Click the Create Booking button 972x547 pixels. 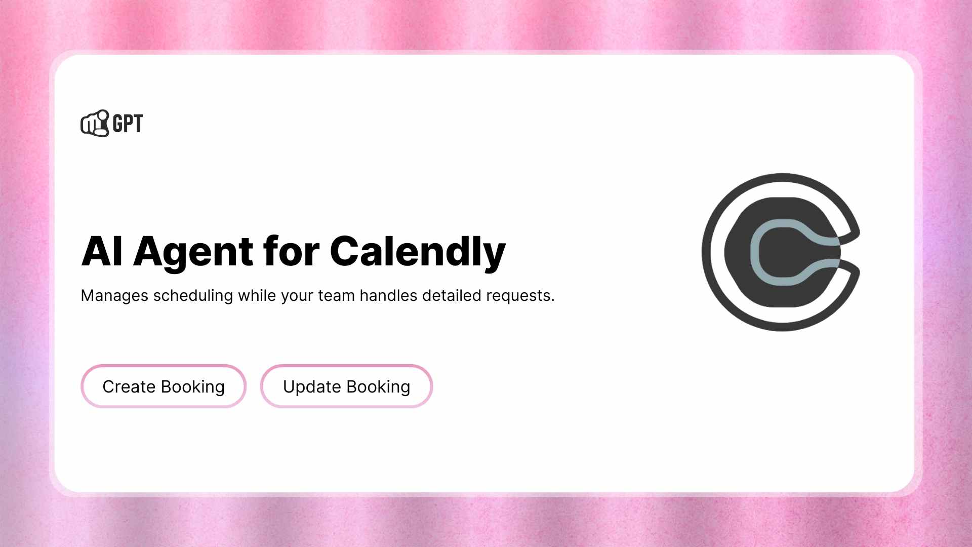(x=163, y=386)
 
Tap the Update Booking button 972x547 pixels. (x=346, y=386)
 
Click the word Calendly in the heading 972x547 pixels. (x=418, y=251)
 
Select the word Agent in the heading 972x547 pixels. (x=193, y=251)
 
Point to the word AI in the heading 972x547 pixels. (x=102, y=251)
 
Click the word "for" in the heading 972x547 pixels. (x=291, y=251)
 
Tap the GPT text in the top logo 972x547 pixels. (x=128, y=124)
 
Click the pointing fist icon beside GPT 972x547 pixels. (x=95, y=124)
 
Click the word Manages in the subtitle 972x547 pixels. (x=114, y=295)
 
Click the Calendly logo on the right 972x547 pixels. (x=781, y=252)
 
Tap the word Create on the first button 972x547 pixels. (x=129, y=386)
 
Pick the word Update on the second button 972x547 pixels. (x=312, y=386)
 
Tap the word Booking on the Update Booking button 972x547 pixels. (x=378, y=386)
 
